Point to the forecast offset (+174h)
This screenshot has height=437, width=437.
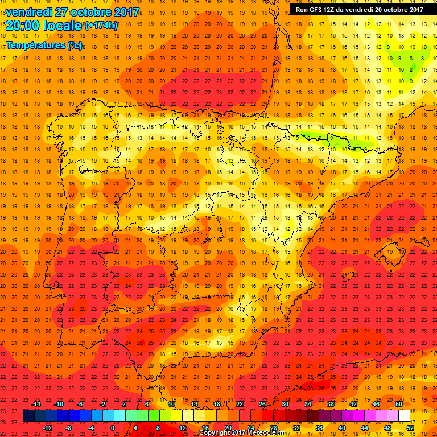101,26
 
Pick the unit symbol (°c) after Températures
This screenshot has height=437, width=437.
75,45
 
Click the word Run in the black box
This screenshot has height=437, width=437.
302,9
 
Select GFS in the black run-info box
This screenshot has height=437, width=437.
317,9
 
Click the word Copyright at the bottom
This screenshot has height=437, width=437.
215,433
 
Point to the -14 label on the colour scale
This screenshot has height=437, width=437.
36,404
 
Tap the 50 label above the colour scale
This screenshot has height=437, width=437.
398,404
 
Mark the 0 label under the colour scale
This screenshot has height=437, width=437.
112,428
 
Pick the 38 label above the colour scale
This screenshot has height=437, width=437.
330,404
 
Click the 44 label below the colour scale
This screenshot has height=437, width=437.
365,428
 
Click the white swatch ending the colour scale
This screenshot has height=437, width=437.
405,416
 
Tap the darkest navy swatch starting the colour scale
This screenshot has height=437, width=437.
28,416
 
